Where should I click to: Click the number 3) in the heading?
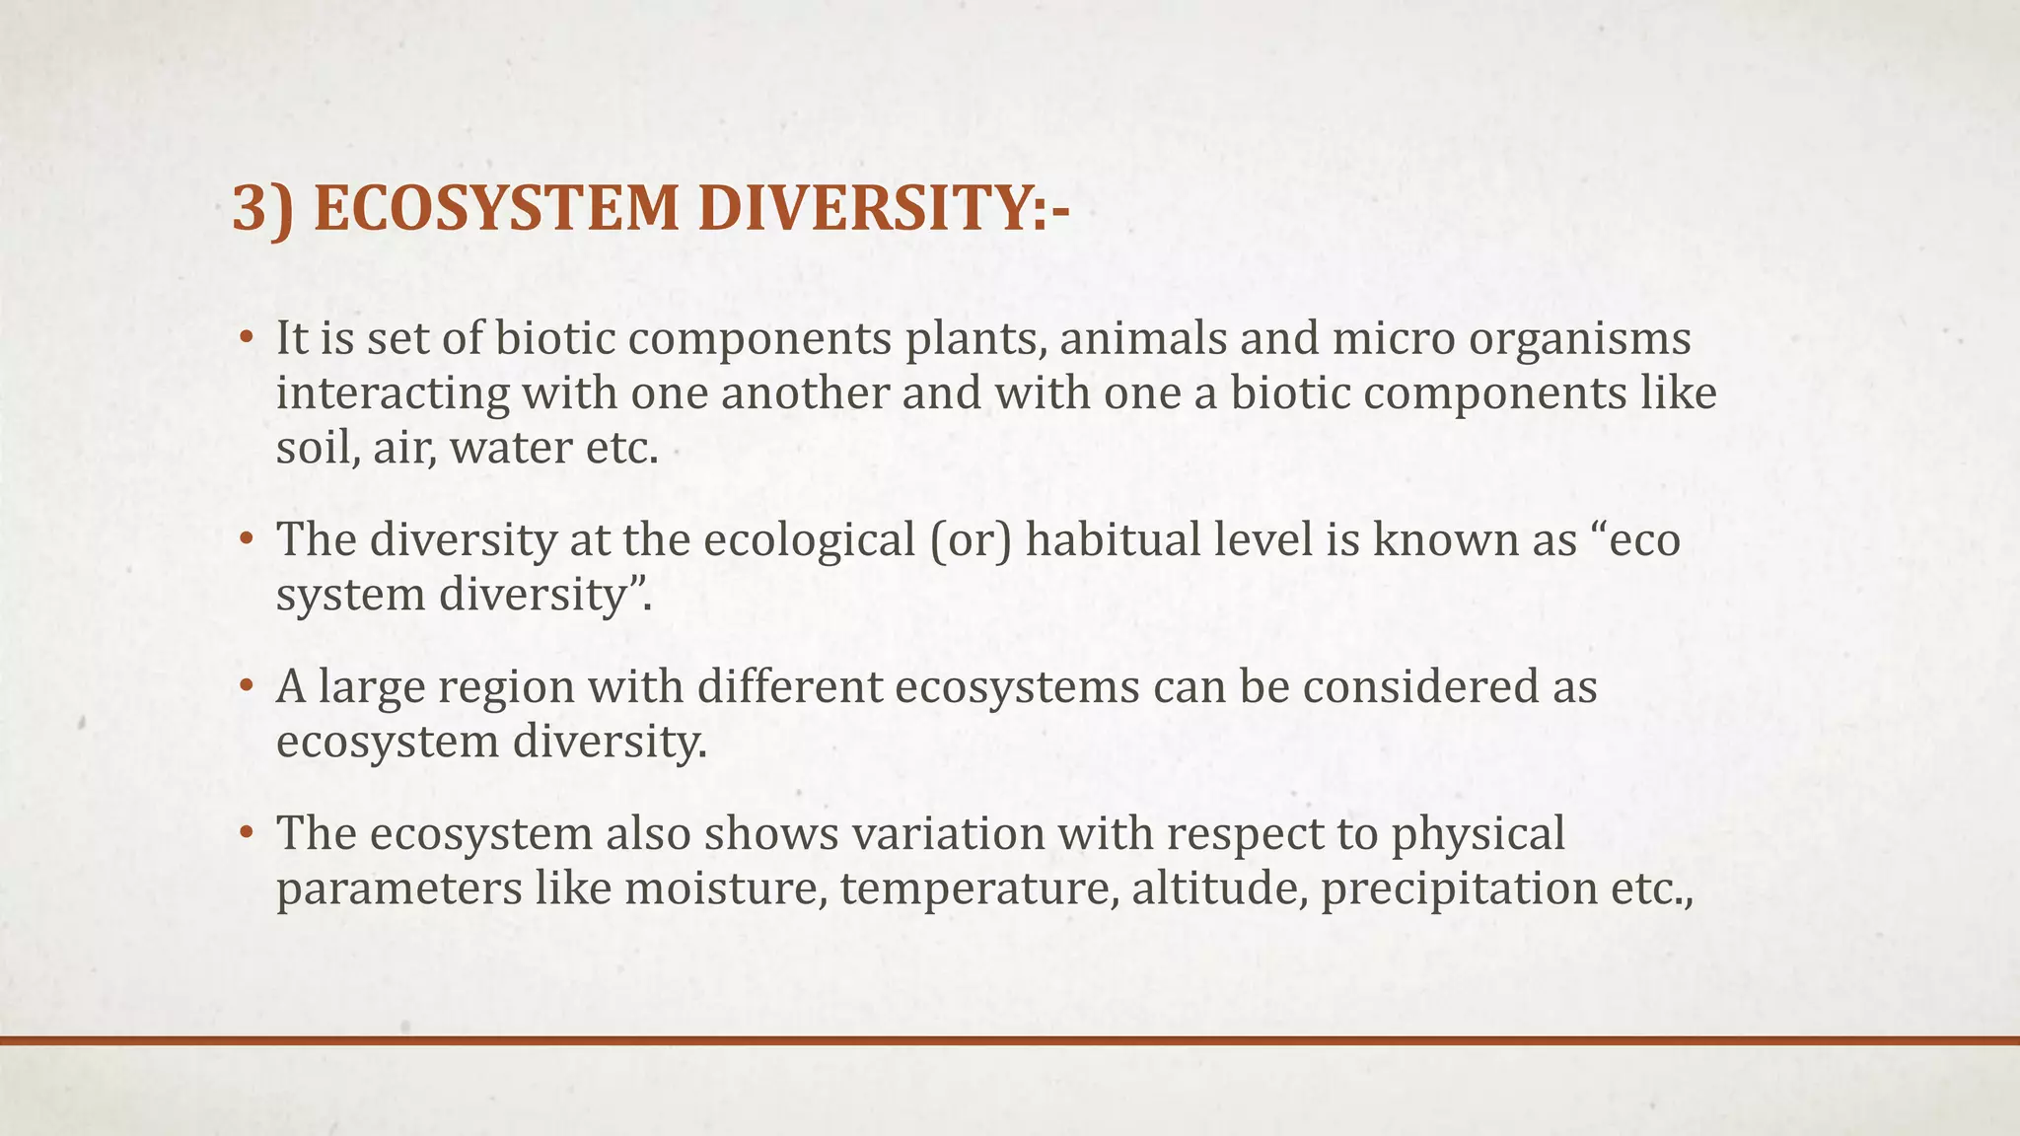[x=261, y=210]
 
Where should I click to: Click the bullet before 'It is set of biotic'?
[x=247, y=340]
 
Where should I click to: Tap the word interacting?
[x=392, y=394]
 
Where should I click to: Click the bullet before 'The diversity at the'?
[x=247, y=541]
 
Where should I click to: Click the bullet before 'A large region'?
[x=247, y=687]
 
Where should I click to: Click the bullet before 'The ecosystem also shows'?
[x=247, y=834]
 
